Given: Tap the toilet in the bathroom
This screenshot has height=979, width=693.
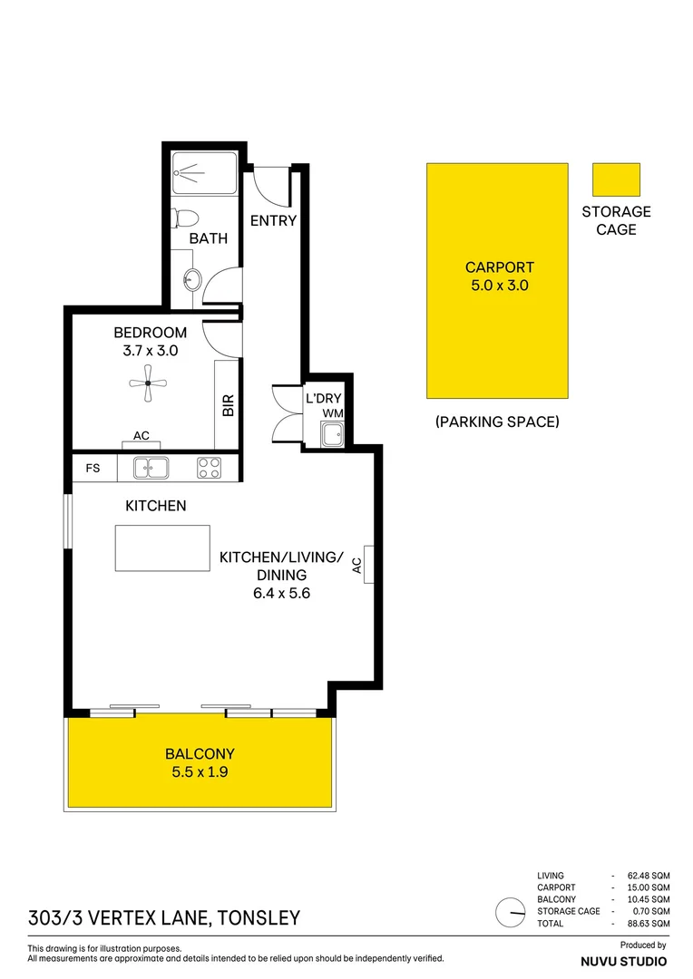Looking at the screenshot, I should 187,218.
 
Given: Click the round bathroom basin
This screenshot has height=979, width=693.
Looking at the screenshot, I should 191,279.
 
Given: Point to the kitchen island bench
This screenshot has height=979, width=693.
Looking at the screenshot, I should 162,548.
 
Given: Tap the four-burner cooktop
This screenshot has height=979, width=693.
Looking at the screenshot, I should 210,469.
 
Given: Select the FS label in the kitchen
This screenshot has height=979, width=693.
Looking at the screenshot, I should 93,469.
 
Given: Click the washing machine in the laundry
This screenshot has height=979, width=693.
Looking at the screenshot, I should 333,433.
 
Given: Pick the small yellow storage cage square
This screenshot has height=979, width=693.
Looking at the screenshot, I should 616,179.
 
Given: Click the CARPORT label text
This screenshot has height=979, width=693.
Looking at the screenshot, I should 499,267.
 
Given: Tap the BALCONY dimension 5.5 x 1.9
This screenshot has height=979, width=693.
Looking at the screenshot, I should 200,773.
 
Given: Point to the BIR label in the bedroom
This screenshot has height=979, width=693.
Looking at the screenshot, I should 228,404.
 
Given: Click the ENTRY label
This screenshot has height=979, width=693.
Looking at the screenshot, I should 273,220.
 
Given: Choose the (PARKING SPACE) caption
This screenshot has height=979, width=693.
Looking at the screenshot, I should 497,422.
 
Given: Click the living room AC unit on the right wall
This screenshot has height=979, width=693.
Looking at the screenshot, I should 369,565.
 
